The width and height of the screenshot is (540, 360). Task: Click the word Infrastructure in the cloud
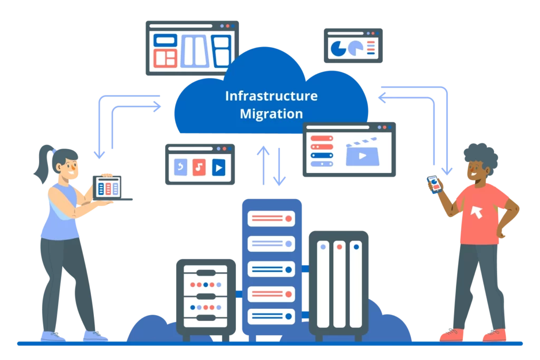click(x=271, y=96)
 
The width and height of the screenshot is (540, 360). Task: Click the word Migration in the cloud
click(x=271, y=113)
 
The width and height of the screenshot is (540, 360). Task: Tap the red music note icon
click(x=199, y=168)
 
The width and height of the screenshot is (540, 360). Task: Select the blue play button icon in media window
click(x=218, y=168)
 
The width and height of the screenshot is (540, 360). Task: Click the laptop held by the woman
click(x=108, y=188)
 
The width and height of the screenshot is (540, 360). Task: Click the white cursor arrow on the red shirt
click(x=477, y=211)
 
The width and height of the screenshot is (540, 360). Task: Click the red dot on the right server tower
click(x=339, y=246)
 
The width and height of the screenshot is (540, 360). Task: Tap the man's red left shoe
click(x=452, y=335)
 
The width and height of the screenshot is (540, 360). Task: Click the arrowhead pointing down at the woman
click(x=99, y=153)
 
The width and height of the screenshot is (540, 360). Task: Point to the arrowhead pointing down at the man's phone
click(x=447, y=170)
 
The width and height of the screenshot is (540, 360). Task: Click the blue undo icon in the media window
click(x=180, y=168)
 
